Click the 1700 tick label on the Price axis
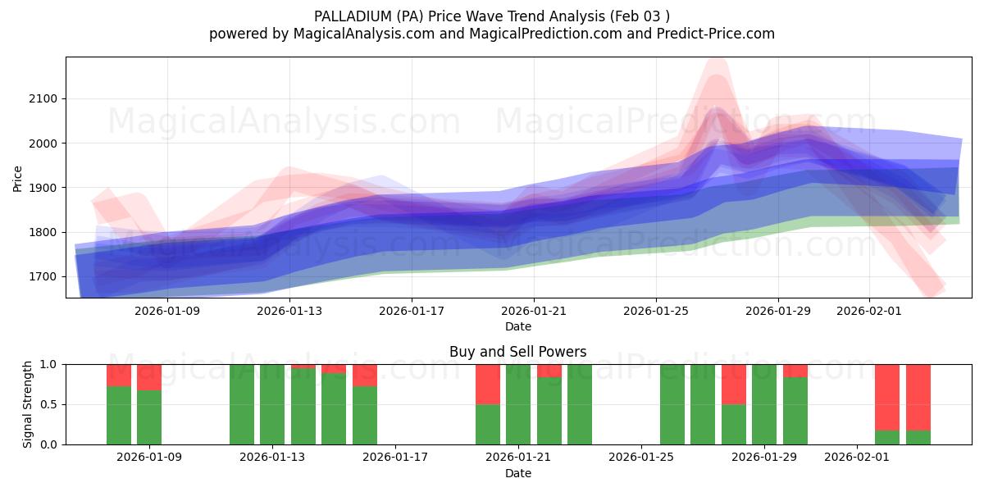tap(44, 277)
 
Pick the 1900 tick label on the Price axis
tap(44, 188)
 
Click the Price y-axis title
tap(17, 178)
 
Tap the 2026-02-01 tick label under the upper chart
tap(869, 312)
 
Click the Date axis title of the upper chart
tap(517, 326)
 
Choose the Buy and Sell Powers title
tap(517, 352)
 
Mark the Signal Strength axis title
tap(28, 404)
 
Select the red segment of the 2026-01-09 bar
tap(149, 376)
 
